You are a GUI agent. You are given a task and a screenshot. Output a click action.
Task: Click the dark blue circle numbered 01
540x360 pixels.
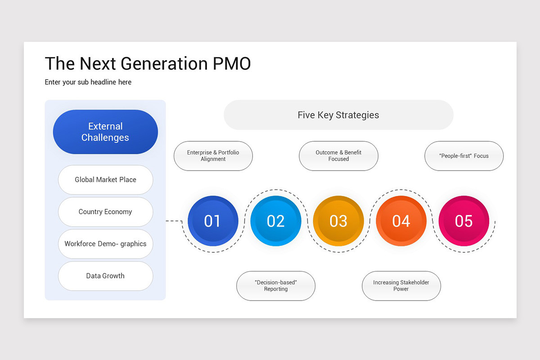[212, 221]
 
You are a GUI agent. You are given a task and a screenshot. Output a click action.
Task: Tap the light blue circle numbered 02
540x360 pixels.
[275, 221]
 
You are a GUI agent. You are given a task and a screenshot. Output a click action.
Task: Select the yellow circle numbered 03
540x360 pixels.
[338, 221]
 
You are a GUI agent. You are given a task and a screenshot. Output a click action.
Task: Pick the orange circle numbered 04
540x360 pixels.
[401, 221]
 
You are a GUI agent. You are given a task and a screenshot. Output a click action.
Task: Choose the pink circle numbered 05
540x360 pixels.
[463, 221]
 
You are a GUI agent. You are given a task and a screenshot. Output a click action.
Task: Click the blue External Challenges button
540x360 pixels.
[105, 132]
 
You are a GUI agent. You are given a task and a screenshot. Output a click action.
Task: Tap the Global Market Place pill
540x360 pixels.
[105, 180]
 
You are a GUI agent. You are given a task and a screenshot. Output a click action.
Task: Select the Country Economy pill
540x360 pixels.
[105, 211]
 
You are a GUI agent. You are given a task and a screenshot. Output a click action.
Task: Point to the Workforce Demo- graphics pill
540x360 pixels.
[105, 243]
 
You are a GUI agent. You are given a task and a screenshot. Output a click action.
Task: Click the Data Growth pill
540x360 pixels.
[105, 276]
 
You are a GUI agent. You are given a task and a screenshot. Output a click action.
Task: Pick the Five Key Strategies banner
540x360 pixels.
[338, 115]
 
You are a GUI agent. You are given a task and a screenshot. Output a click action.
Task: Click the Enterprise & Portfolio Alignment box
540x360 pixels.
[213, 156]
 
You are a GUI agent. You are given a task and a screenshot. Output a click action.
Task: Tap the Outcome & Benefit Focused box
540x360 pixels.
[338, 156]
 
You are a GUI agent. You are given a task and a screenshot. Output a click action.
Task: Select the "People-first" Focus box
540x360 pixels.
[464, 156]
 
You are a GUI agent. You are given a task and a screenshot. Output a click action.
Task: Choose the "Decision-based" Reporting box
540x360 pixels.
[276, 286]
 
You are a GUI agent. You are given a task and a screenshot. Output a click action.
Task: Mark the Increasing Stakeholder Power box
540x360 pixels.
[401, 286]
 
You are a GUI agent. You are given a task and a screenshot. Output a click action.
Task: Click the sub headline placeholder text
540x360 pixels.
[88, 82]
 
